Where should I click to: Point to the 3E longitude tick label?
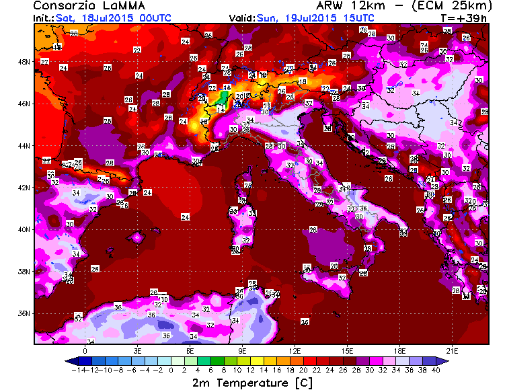137,350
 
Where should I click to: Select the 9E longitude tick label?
242,350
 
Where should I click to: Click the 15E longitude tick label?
347,350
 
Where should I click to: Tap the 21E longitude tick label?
452,350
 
